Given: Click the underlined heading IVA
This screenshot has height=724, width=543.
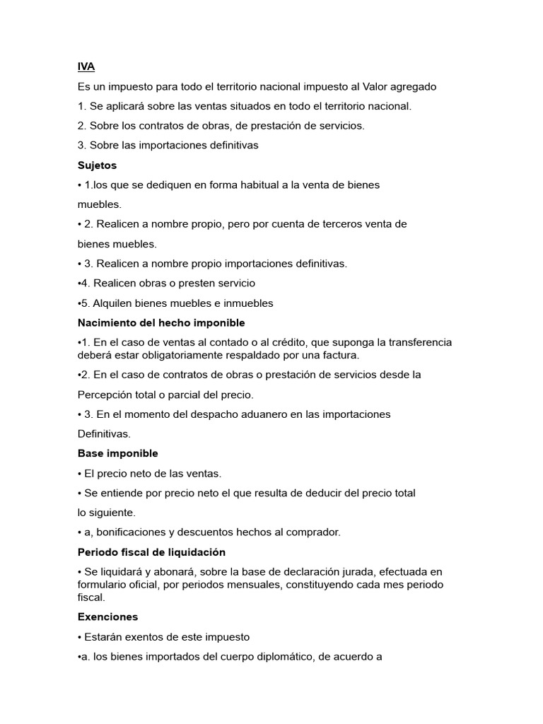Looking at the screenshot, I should pos(86,66).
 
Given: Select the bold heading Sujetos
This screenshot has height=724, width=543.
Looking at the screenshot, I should pos(97,165).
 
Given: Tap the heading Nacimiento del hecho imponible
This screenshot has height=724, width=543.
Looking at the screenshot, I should pos(161,322).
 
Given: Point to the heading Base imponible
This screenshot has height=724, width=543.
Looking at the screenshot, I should pos(117,453).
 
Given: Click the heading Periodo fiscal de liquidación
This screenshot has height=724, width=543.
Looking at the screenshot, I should pos(151,551).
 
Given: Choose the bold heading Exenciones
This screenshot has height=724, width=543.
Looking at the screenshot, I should pos(107,617).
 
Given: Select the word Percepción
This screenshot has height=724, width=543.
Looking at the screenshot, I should pos(105,395).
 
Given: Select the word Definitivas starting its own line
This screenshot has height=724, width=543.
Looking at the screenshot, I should pos(104,433).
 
